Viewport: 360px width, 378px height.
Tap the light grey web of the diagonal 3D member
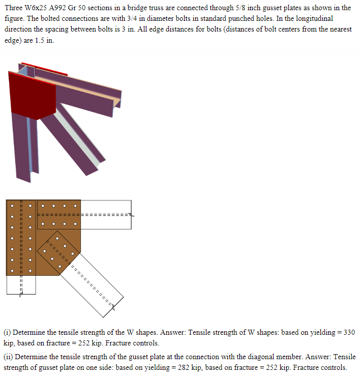[x=76, y=130]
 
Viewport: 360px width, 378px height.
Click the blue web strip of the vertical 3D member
[x=30, y=148]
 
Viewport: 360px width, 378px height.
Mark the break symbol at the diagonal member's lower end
[x=114, y=307]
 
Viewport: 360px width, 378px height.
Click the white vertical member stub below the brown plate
[x=21, y=285]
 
